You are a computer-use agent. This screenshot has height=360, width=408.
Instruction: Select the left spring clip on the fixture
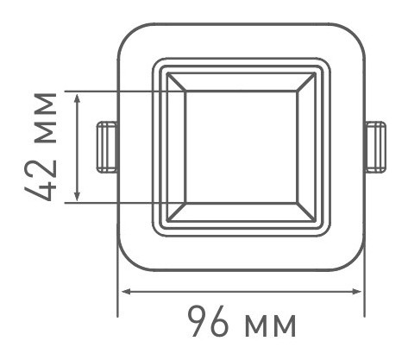[x=106, y=146]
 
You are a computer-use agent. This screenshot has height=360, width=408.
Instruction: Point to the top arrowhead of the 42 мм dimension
[x=78, y=97]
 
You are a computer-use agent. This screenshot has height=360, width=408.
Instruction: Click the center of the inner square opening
[x=241, y=147]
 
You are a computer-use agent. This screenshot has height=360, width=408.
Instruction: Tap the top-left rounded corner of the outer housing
[x=126, y=35]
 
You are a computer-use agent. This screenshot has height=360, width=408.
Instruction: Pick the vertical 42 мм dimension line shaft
[x=78, y=147]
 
